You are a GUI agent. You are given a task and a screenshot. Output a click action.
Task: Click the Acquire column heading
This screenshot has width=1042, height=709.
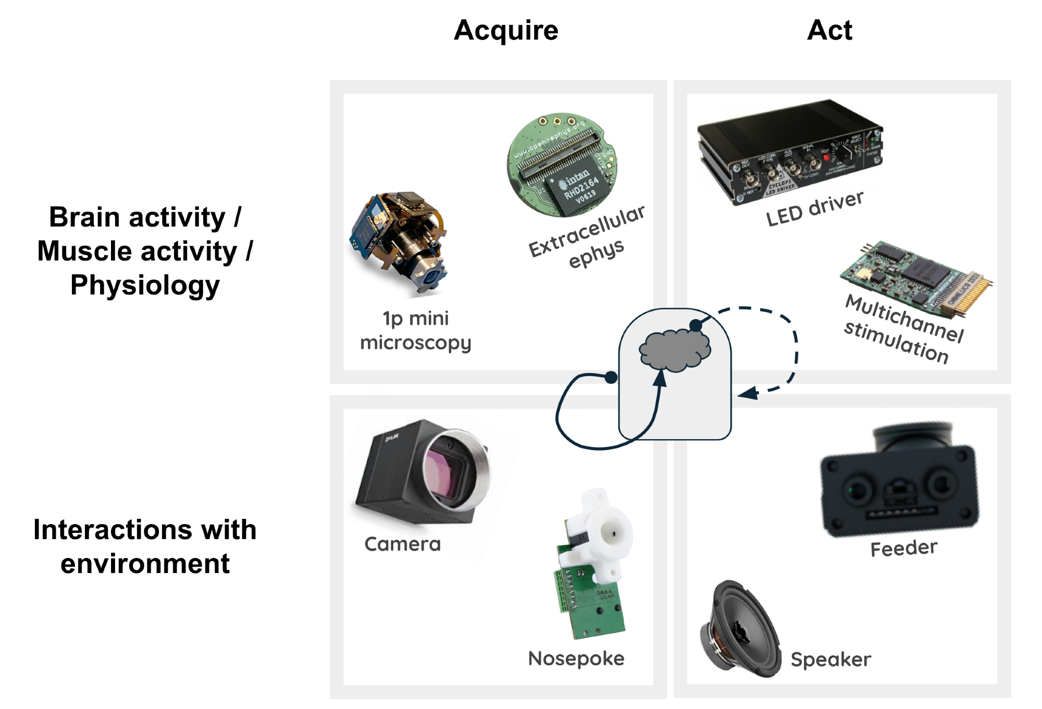pyautogui.click(x=506, y=30)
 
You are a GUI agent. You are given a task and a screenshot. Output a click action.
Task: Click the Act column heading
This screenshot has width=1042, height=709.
pyautogui.click(x=829, y=30)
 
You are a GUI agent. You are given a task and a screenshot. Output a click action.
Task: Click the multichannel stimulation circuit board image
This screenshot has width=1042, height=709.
pyautogui.click(x=917, y=276)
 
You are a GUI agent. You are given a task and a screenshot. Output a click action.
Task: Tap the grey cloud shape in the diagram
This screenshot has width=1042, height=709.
pyautogui.click(x=675, y=350)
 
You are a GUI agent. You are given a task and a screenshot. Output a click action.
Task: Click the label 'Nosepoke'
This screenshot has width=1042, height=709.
pyautogui.click(x=576, y=659)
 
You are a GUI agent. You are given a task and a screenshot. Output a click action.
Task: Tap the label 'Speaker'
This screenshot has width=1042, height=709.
pyautogui.click(x=830, y=660)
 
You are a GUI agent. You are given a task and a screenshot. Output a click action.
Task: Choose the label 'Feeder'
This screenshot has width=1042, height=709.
pyautogui.click(x=903, y=549)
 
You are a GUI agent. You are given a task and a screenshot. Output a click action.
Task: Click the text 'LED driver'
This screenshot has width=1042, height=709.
pyautogui.click(x=814, y=208)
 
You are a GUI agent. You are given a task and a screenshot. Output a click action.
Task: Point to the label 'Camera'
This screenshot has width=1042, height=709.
pyautogui.click(x=402, y=544)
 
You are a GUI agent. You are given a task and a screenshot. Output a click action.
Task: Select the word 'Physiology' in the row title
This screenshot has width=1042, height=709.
pyautogui.click(x=145, y=285)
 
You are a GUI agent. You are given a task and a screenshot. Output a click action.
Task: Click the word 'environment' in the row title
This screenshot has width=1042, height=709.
pyautogui.click(x=145, y=564)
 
